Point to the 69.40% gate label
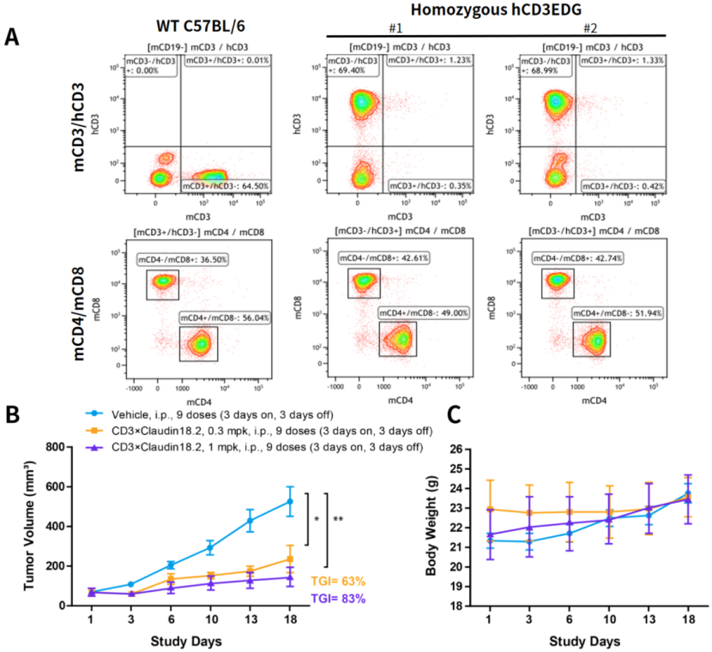[x=353, y=65]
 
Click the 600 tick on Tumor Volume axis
[x=55, y=486]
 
